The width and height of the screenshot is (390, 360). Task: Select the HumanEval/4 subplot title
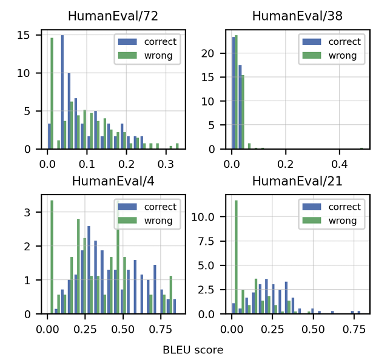(113, 181)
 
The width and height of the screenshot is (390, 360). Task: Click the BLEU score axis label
(193, 350)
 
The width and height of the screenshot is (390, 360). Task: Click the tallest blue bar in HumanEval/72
(62, 92)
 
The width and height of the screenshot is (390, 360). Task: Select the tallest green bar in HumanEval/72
(52, 93)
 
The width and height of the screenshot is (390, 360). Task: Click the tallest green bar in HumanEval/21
(236, 257)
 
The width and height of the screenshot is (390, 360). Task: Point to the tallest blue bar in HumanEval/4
(89, 270)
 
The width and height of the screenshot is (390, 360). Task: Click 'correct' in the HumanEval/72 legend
(160, 42)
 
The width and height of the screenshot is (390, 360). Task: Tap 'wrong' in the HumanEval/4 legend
(160, 220)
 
